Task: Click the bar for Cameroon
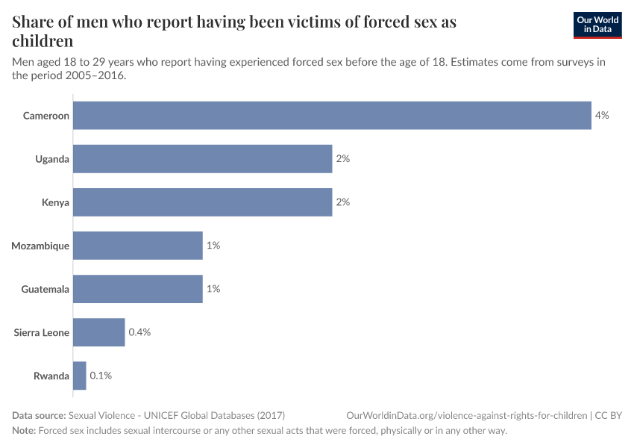(332, 116)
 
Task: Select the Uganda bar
(202, 159)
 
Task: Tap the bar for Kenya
(202, 202)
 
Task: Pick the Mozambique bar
(138, 246)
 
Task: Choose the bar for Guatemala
(138, 289)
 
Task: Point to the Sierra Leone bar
(98, 332)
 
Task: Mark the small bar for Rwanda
(80, 376)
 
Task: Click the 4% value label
(602, 116)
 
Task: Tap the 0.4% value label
(139, 332)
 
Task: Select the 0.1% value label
(101, 376)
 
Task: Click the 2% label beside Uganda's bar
(343, 159)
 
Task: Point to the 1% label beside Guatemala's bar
(213, 289)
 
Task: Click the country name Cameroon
(46, 116)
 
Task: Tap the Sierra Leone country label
(42, 332)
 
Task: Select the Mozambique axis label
(40, 246)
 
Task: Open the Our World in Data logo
(597, 25)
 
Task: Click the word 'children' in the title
(43, 41)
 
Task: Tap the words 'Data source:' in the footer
(39, 415)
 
